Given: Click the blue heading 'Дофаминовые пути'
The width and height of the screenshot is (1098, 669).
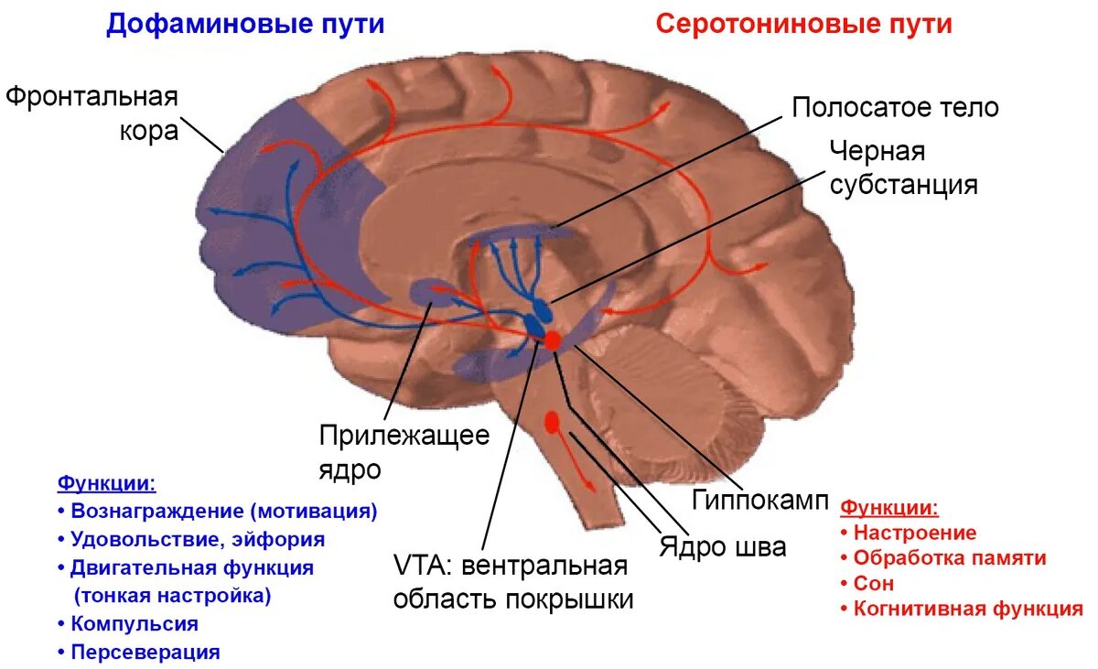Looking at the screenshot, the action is (244, 24).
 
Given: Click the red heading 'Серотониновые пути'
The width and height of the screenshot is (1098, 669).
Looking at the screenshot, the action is (803, 24).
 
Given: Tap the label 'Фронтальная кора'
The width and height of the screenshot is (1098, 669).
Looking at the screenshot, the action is (91, 113).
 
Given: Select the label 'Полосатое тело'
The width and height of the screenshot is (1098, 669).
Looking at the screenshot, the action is (895, 108).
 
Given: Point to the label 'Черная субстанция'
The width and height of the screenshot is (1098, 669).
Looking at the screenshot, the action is (903, 167).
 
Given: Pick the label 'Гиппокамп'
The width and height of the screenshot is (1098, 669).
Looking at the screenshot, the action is (759, 501).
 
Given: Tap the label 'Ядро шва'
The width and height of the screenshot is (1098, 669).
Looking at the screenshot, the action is (722, 547).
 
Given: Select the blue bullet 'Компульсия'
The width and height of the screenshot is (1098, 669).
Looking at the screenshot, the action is (134, 624).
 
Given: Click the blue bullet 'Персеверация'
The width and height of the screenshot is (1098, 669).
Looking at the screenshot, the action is (145, 653).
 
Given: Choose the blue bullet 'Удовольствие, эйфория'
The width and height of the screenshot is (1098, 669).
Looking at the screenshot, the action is (197, 540).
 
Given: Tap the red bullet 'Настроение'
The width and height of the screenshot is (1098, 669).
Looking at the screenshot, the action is (914, 533).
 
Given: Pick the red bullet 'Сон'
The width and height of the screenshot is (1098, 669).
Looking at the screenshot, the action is (873, 583).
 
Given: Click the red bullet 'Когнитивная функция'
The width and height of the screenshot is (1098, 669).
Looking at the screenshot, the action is (967, 609).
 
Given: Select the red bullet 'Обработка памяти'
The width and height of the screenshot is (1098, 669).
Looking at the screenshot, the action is (949, 557).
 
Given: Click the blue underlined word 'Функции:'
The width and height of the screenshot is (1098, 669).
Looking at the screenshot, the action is (106, 482).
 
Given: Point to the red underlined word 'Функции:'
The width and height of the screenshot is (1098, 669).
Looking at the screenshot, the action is (889, 507).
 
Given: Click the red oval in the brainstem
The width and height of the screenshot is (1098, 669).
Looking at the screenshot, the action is (552, 422).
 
